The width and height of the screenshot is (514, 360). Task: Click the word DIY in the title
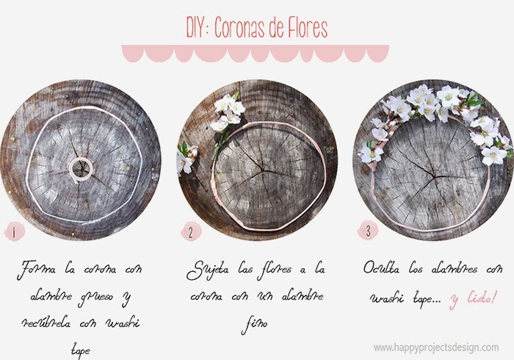tap(199, 29)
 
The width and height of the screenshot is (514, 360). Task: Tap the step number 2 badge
tap(190, 233)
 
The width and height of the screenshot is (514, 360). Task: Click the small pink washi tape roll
tap(82, 168)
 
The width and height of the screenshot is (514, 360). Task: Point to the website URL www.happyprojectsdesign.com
tap(435, 347)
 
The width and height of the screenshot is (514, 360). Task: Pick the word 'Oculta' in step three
tap(383, 268)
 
